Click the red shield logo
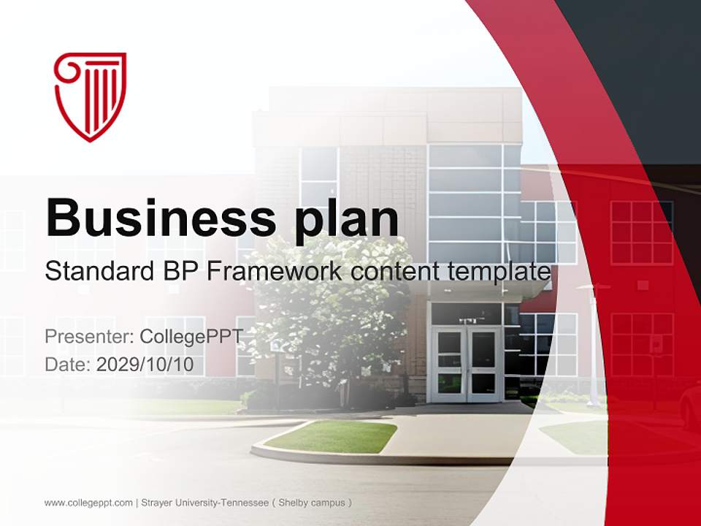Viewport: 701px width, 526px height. (x=91, y=96)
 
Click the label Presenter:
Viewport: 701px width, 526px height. (x=88, y=337)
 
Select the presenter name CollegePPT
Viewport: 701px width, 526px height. (x=191, y=337)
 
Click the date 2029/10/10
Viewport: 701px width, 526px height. (x=145, y=365)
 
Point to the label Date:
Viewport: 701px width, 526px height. (x=68, y=365)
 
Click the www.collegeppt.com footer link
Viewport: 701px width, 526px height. (x=88, y=503)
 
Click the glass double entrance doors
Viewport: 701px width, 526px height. (x=466, y=364)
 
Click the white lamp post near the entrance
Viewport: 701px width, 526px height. (x=594, y=343)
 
